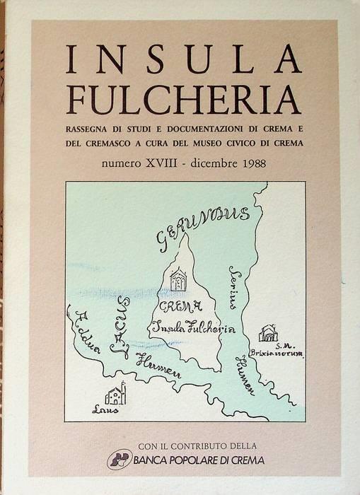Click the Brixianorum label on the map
click(279, 353)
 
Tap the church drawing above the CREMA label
click(179, 281)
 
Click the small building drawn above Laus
click(116, 393)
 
